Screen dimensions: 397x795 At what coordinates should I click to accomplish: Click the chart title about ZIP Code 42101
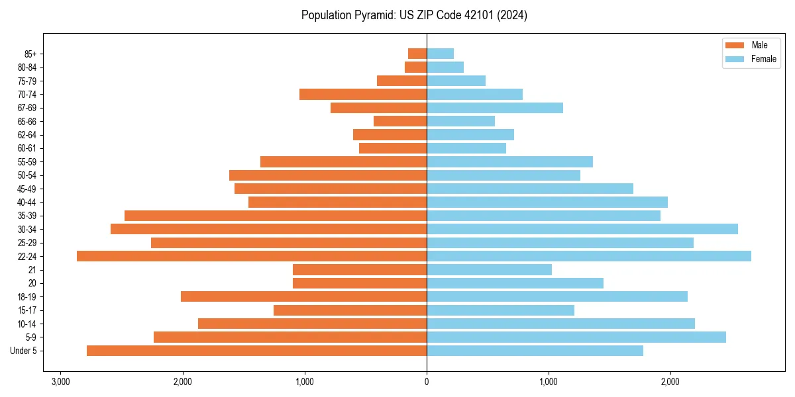414,15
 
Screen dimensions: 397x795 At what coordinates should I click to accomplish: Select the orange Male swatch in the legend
735,45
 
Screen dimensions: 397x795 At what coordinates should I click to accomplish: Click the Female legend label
764,59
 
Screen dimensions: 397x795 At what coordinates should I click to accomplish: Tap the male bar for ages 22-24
252,256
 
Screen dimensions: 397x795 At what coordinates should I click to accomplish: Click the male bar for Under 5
256,351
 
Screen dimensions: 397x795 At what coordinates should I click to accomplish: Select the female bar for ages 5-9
576,337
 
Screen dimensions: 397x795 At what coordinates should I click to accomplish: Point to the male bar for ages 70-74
363,94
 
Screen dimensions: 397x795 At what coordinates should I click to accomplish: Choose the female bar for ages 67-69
494,108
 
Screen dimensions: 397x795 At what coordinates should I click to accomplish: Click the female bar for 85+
440,54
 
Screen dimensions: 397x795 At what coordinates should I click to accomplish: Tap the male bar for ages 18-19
303,296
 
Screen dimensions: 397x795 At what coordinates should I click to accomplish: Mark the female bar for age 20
515,283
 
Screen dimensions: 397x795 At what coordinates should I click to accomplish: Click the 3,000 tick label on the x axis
60,382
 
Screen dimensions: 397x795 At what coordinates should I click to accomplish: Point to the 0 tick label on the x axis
427,382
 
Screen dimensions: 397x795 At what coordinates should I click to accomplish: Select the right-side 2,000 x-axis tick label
670,382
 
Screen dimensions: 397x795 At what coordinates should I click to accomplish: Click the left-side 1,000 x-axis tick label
305,382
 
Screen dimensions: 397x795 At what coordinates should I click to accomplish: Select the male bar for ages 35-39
276,216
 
